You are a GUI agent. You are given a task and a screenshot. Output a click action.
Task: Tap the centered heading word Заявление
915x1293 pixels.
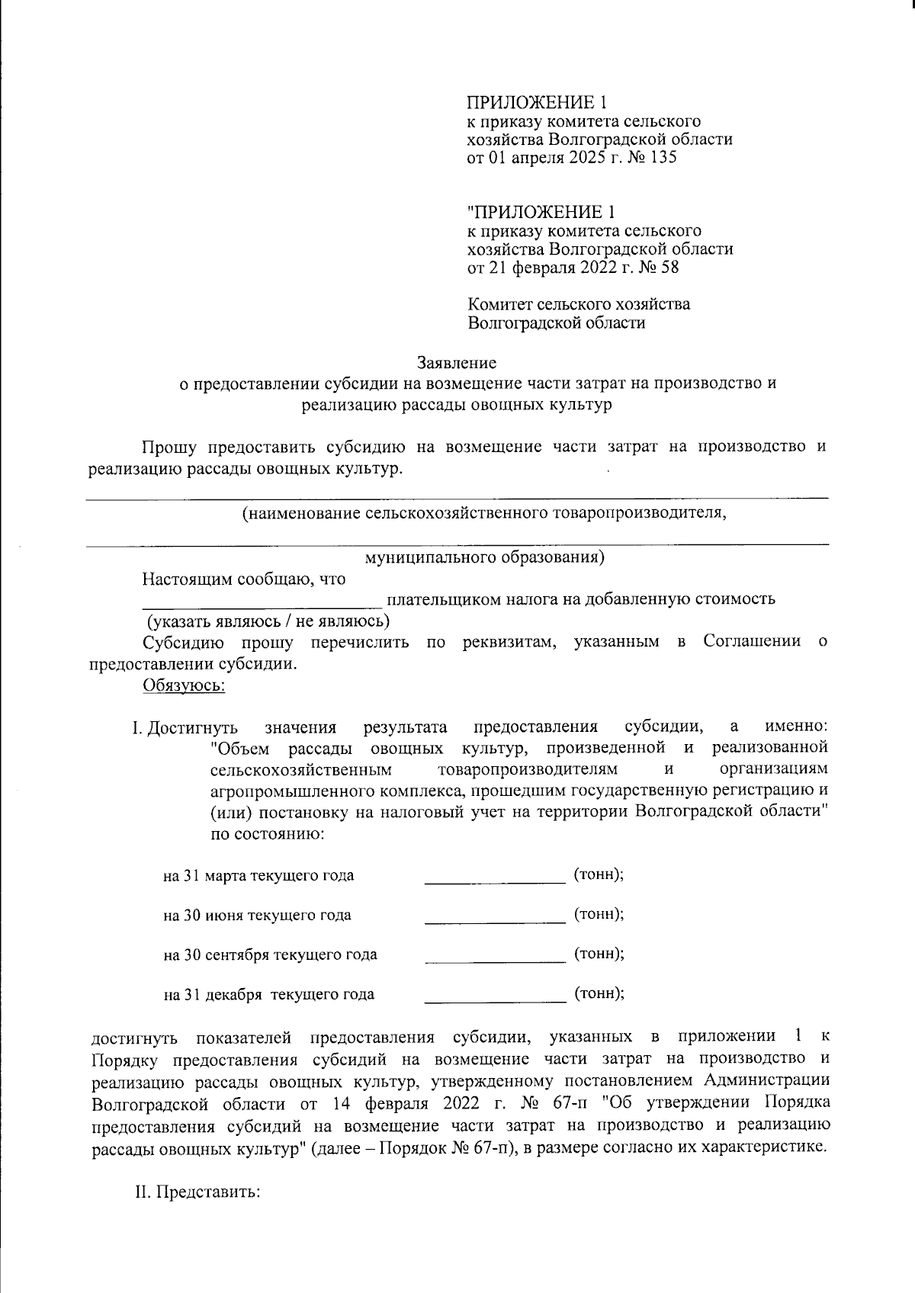[457, 363]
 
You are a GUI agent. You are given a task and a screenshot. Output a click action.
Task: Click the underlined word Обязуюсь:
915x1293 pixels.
[184, 685]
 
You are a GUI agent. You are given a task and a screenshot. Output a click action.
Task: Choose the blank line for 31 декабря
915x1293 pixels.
[494, 1000]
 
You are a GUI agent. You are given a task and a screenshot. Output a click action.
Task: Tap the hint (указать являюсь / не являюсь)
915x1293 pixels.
[268, 621]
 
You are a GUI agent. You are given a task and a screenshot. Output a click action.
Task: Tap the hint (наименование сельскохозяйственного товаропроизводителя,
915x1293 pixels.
[484, 513]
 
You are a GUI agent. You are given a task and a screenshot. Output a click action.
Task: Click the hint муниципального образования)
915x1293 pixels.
[485, 557]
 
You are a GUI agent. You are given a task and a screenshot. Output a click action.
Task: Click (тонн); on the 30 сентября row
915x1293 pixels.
[599, 953]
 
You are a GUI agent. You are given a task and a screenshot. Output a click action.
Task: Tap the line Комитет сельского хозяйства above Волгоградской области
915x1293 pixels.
[579, 304]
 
